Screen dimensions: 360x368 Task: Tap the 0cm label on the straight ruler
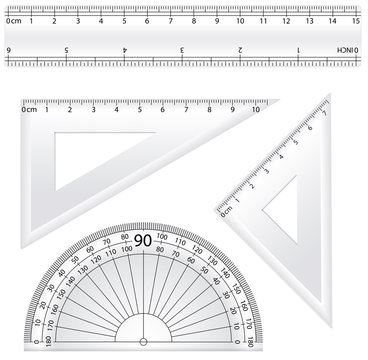[x=13, y=20]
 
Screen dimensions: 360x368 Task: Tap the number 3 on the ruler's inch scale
[x=182, y=49]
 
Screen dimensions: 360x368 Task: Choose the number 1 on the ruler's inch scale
[x=298, y=49]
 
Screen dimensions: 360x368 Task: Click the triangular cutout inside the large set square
[x=90, y=155]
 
